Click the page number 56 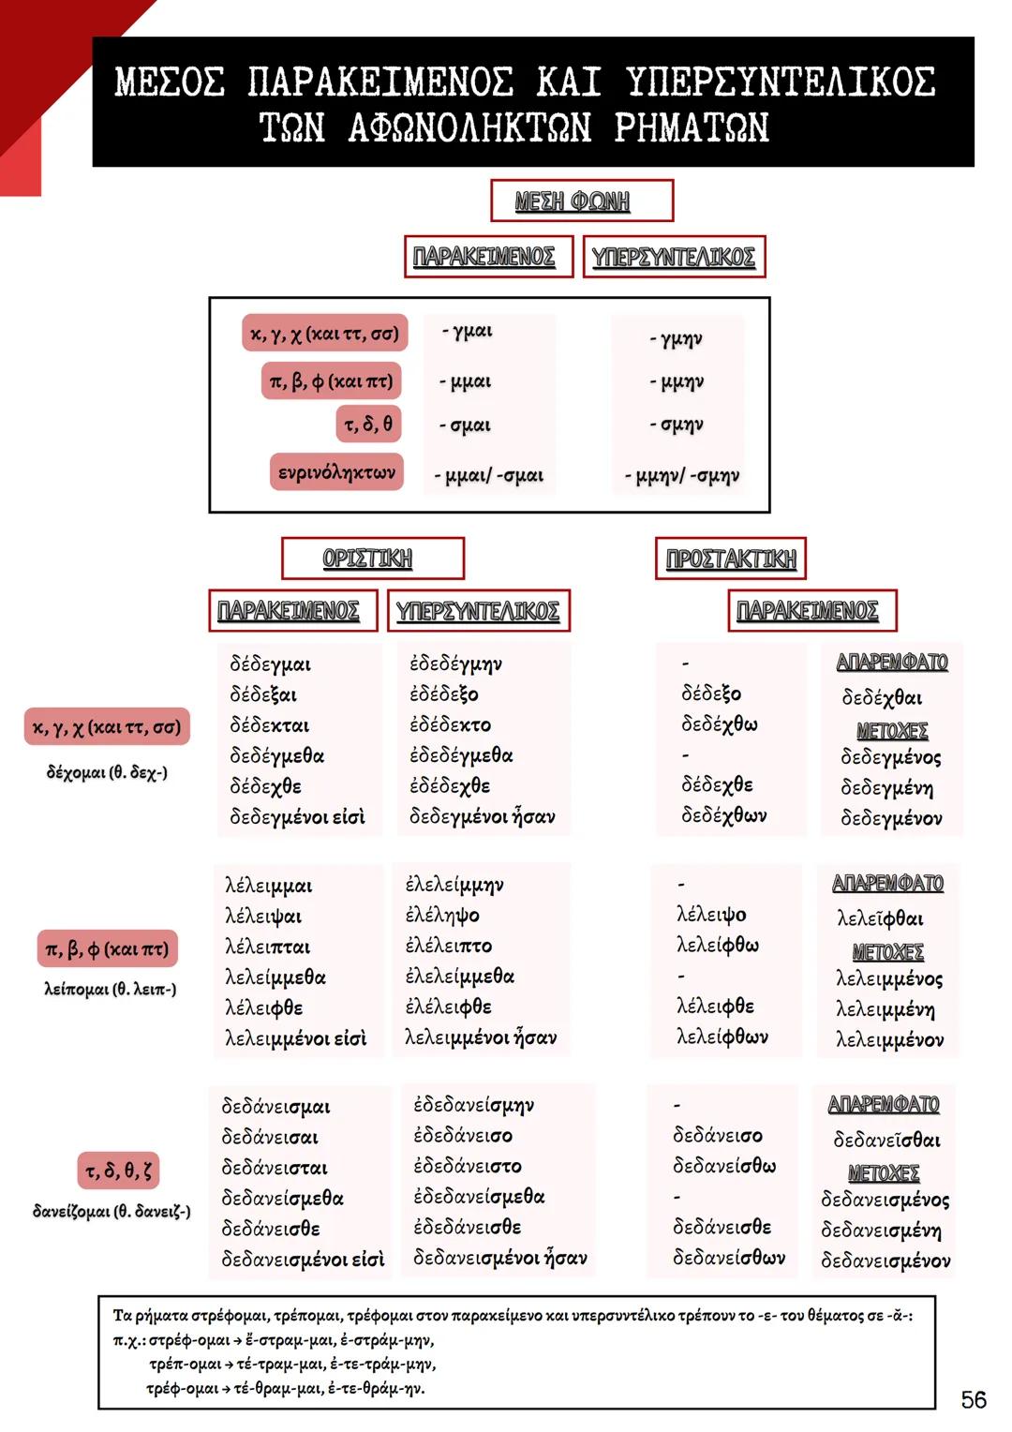coord(974,1399)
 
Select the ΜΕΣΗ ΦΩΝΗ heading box coord(582,201)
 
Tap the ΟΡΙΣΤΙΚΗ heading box coord(373,559)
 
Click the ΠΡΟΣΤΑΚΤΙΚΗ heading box coord(731,559)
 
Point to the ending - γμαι coord(468,331)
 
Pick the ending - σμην coord(677,424)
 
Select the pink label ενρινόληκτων coord(336,471)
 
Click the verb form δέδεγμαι coord(271,664)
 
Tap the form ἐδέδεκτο coord(450,724)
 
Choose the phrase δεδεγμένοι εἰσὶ coord(297,816)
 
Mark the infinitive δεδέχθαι coord(882,697)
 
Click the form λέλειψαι coord(262,917)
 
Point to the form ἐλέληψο coord(442,915)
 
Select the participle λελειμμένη coord(885,1009)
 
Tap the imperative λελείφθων coord(722,1037)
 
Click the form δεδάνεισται coord(275,1168)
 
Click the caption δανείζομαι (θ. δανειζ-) coord(112,1211)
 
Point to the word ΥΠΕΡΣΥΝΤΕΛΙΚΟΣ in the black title coord(781,82)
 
